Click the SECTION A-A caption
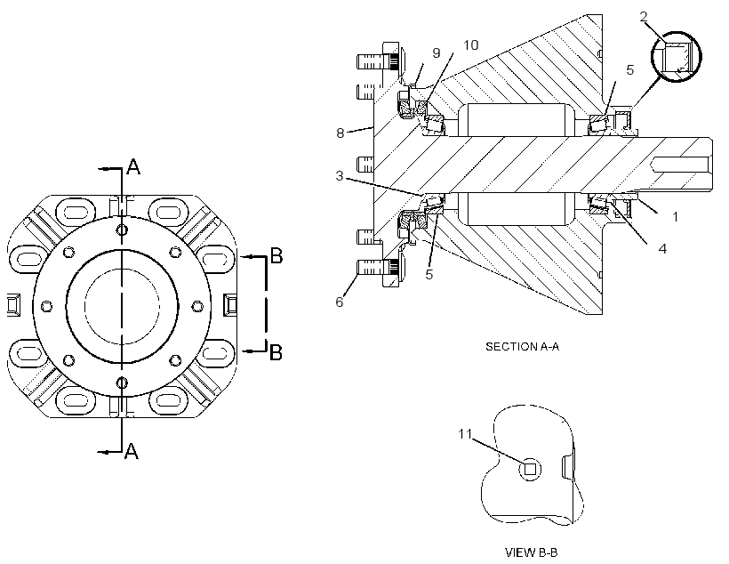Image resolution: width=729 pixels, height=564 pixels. coord(522,347)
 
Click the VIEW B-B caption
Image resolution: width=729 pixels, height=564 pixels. coord(532,552)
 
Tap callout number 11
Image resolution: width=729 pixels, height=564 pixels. coord(465,434)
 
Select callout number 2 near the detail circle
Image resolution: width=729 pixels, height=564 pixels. coord(644,17)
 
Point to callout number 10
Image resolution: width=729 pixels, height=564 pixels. coord(471,45)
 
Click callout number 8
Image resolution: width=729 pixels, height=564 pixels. coord(340,133)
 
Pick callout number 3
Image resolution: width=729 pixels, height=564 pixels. coord(340,176)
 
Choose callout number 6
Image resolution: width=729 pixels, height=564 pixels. coord(340,302)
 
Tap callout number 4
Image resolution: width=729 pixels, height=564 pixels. coord(662,248)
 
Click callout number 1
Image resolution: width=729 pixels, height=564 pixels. coord(675,216)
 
